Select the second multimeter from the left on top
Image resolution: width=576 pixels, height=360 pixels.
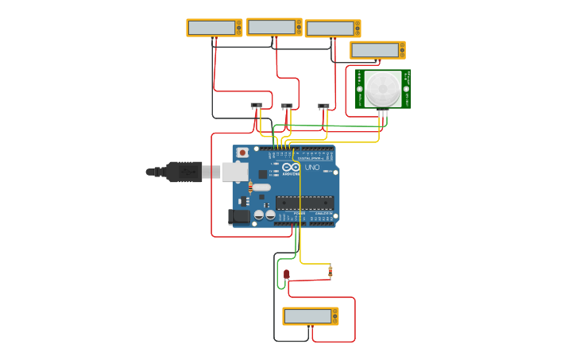pyautogui.click(x=273, y=27)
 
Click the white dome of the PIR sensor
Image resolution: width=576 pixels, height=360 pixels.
pyautogui.click(x=383, y=88)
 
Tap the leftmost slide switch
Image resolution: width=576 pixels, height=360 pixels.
pyautogui.click(x=256, y=105)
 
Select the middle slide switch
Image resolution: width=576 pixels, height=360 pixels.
pyautogui.click(x=287, y=105)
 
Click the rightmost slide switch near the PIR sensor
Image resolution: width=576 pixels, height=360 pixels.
pyautogui.click(x=323, y=105)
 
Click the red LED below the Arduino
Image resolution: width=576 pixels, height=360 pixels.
pyautogui.click(x=287, y=274)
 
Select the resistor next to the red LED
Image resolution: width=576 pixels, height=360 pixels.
pyautogui.click(x=331, y=272)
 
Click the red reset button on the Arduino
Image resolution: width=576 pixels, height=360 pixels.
pyautogui.click(x=242, y=153)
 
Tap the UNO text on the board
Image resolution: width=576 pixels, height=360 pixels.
pyautogui.click(x=311, y=168)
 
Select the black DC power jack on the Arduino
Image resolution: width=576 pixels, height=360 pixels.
pyautogui.click(x=239, y=216)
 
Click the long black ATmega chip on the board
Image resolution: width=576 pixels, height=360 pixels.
pyautogui.click(x=304, y=202)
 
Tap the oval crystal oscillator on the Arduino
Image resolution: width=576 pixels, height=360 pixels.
pyautogui.click(x=261, y=188)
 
